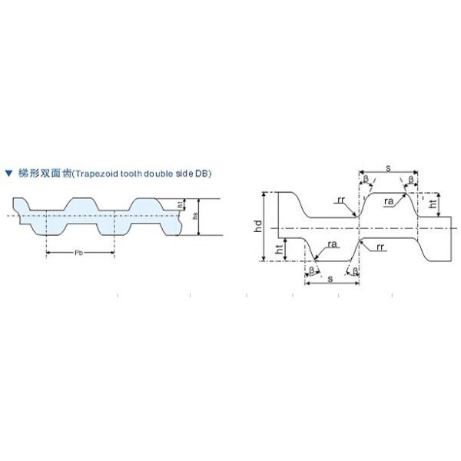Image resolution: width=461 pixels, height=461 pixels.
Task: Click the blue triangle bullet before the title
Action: [x=8, y=174]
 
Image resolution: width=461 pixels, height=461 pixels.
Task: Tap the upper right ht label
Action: [x=433, y=204]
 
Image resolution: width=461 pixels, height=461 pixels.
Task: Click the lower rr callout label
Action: [x=380, y=247]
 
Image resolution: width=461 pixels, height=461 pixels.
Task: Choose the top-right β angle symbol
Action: [x=411, y=179]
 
